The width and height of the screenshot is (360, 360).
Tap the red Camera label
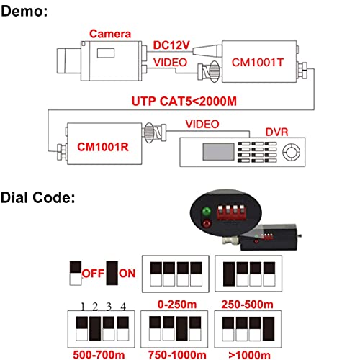110,34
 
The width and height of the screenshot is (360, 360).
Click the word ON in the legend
127,274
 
